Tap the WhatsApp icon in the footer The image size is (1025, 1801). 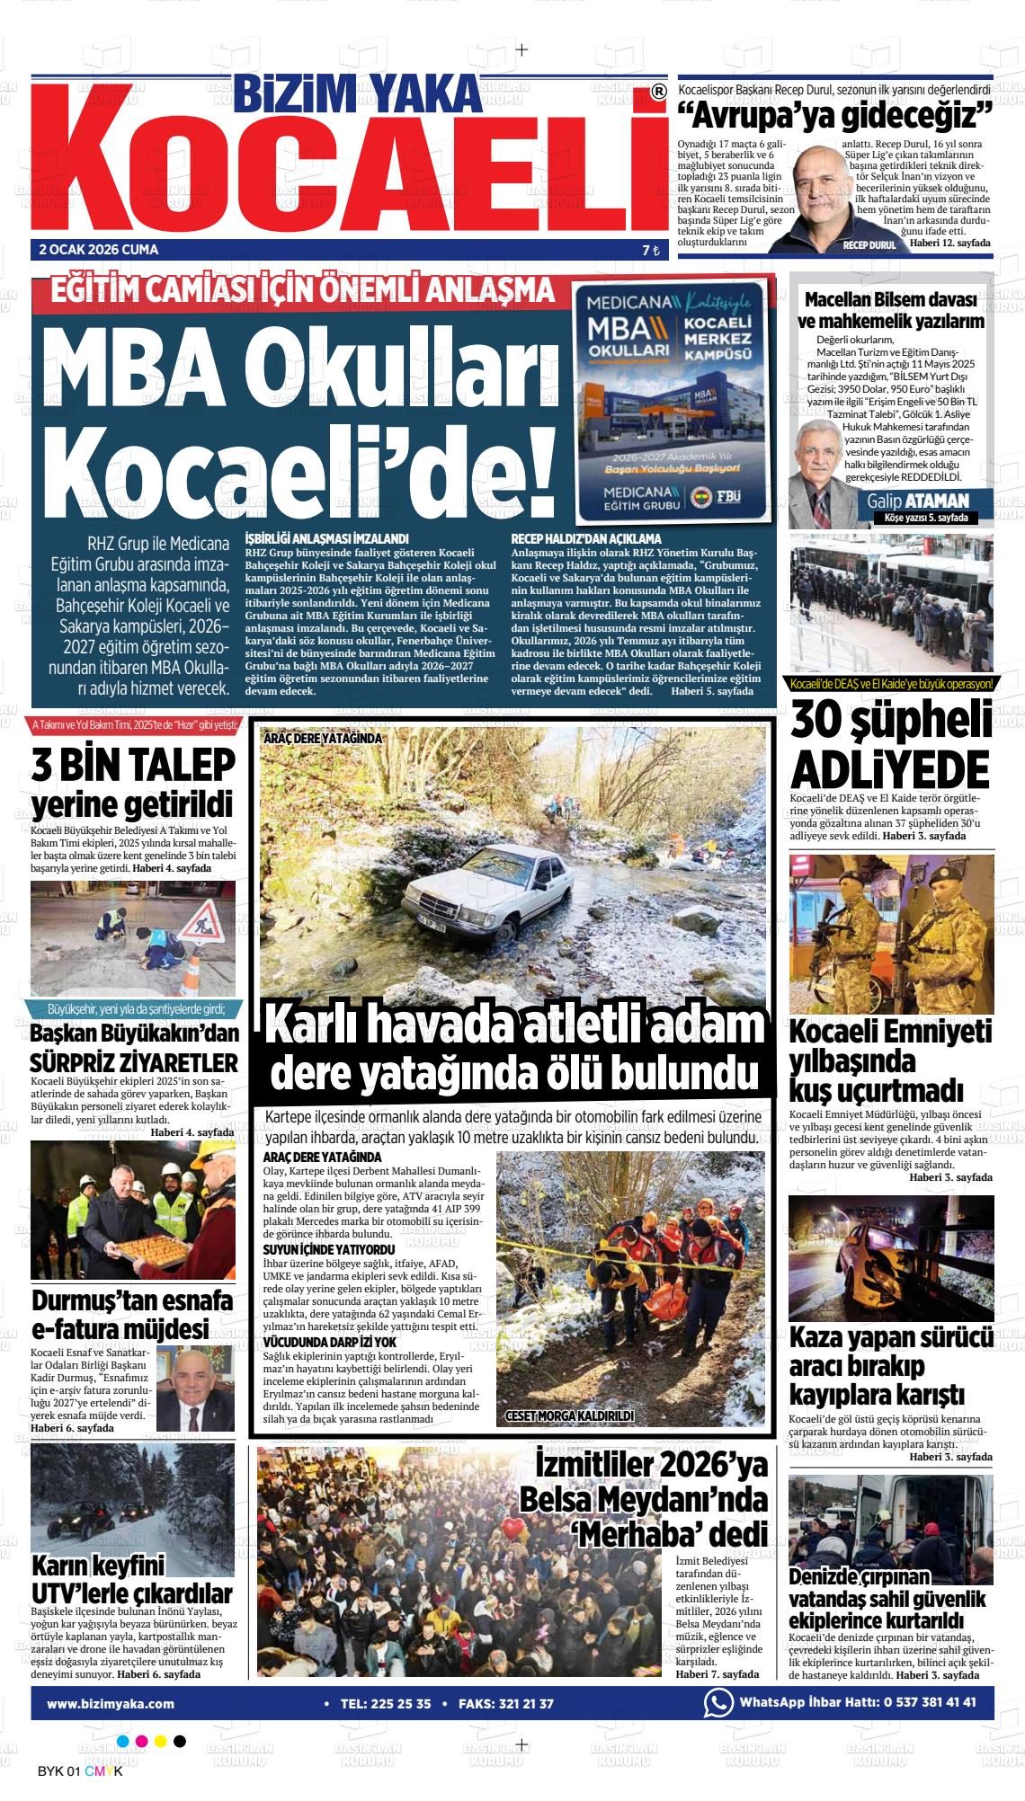click(x=718, y=1703)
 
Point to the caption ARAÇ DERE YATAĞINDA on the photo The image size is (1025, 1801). click(x=323, y=739)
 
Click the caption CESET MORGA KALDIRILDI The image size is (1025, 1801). click(x=570, y=1416)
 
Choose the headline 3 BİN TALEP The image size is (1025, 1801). click(x=133, y=765)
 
